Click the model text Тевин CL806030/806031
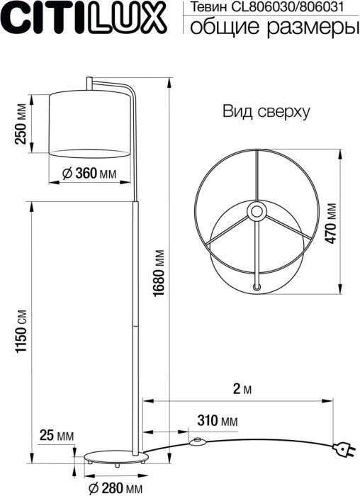[x=270, y=8]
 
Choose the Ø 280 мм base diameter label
[x=113, y=487]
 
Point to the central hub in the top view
[x=254, y=210]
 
